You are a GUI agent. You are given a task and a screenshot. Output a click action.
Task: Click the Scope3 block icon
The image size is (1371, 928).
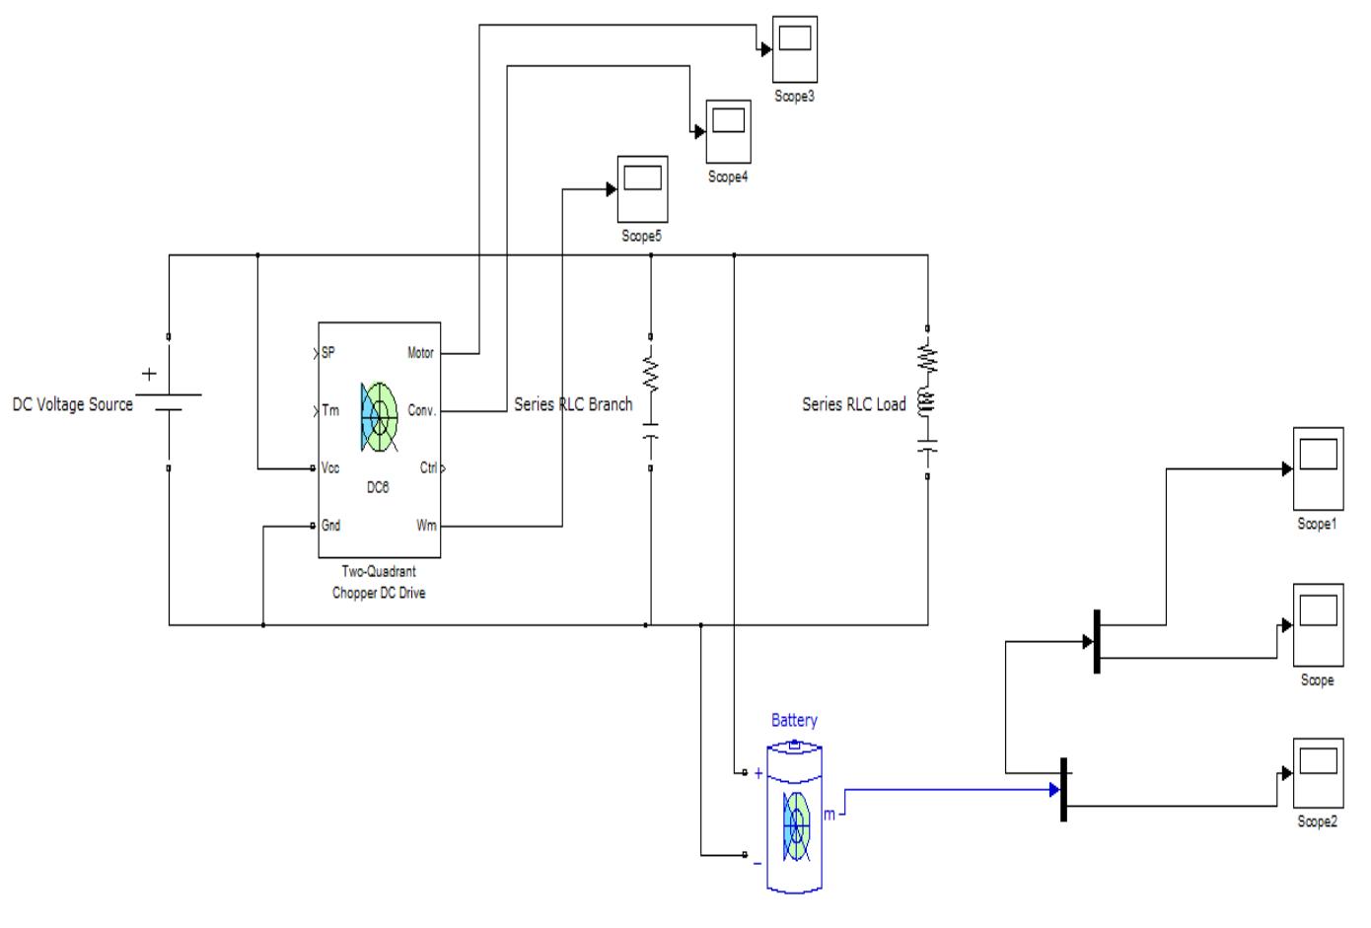click(794, 49)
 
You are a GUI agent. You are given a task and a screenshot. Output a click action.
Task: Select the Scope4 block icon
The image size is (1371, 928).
click(728, 132)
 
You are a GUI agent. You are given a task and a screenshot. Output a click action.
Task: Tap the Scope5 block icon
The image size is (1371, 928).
click(642, 189)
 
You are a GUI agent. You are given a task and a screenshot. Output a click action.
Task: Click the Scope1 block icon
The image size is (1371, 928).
click(1317, 468)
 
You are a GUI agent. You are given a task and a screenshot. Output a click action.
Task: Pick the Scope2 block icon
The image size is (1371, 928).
click(1317, 772)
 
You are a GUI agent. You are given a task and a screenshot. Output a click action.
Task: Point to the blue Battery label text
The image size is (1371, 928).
click(794, 721)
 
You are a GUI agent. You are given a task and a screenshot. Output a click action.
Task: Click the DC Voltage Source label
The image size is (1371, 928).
click(72, 404)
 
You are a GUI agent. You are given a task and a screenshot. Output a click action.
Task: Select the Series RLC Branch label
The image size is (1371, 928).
click(573, 404)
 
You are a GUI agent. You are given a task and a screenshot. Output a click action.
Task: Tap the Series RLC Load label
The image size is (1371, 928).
click(853, 404)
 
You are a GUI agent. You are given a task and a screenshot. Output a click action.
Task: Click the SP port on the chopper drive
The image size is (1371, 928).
click(328, 353)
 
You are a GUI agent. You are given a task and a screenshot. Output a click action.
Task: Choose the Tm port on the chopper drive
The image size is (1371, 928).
click(329, 410)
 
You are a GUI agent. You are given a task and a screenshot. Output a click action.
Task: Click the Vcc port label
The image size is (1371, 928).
click(330, 468)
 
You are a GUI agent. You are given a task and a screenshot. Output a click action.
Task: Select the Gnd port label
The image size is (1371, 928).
click(330, 526)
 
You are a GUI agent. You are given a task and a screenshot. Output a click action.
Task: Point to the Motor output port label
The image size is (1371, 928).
click(420, 353)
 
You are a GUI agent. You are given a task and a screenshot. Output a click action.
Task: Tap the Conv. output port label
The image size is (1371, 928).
click(422, 410)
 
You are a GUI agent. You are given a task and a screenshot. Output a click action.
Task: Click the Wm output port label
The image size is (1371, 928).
click(426, 526)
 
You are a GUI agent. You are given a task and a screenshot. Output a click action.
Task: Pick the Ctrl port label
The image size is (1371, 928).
click(428, 468)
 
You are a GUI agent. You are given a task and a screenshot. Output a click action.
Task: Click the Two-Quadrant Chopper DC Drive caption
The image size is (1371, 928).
click(379, 583)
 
